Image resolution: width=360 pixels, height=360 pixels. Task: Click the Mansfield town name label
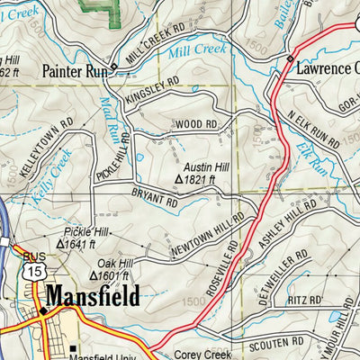(92, 296)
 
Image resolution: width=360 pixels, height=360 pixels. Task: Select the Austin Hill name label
(205, 167)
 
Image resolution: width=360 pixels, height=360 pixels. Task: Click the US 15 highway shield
(33, 270)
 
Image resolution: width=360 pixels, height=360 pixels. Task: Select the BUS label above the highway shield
(33, 256)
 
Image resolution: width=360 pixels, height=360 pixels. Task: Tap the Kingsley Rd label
(153, 90)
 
